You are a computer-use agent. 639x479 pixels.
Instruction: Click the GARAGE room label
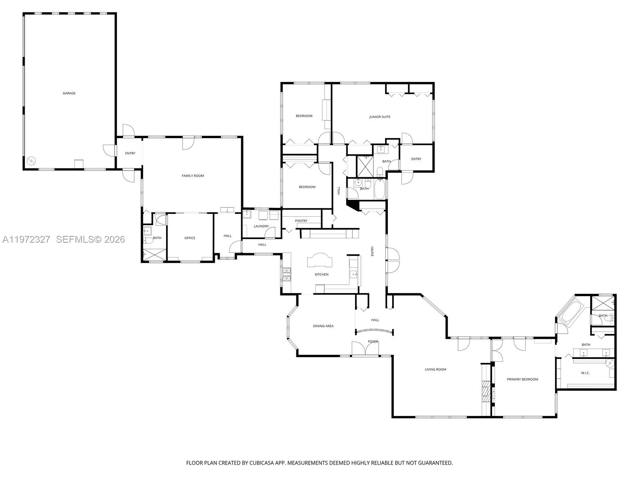69,93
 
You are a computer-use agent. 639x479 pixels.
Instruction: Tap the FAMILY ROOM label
193,176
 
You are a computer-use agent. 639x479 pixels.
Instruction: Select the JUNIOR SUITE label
379,117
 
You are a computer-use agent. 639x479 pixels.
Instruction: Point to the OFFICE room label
190,238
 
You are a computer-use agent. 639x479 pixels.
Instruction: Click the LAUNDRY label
261,226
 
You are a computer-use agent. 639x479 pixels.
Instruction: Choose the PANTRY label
301,221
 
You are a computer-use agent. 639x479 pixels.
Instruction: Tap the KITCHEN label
321,275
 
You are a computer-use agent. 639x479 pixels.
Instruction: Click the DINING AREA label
323,326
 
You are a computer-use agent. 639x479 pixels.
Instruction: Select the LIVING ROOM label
435,370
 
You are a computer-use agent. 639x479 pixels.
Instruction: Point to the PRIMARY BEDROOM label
522,380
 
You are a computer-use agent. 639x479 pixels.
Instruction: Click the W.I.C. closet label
585,373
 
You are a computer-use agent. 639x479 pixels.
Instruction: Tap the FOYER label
373,342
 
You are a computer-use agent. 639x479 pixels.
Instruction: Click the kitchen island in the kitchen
319,261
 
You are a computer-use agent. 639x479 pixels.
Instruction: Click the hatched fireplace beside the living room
485,391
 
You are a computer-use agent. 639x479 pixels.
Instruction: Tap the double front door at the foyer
365,349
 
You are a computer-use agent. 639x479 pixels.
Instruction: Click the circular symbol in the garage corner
31,161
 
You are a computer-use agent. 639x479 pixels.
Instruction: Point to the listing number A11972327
26,239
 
